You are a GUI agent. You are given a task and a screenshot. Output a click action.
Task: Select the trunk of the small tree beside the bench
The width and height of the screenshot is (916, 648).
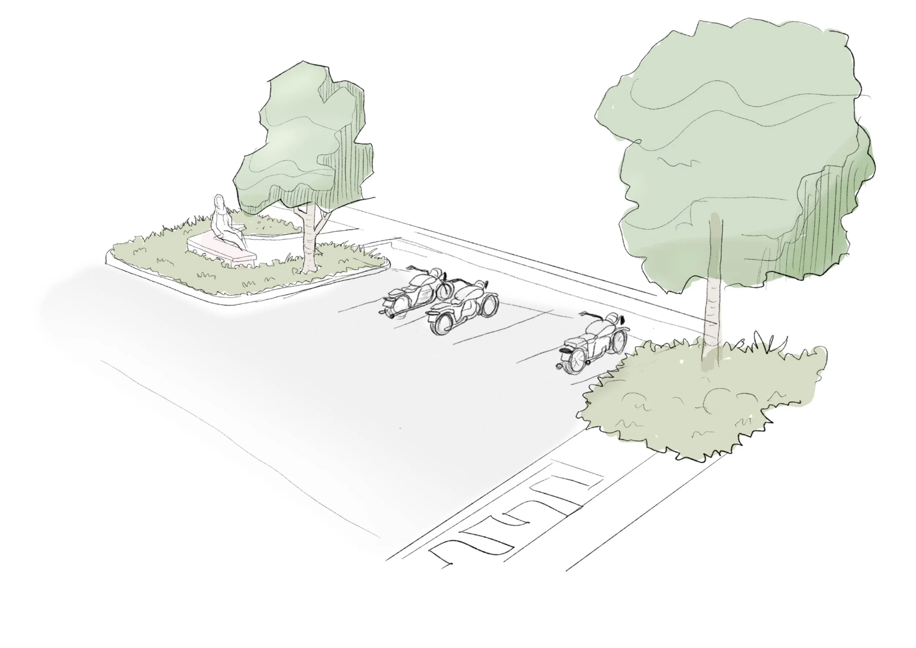pyautogui.click(x=309, y=244)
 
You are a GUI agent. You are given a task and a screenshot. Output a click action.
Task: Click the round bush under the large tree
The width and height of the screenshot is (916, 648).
pyautogui.click(x=702, y=403)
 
